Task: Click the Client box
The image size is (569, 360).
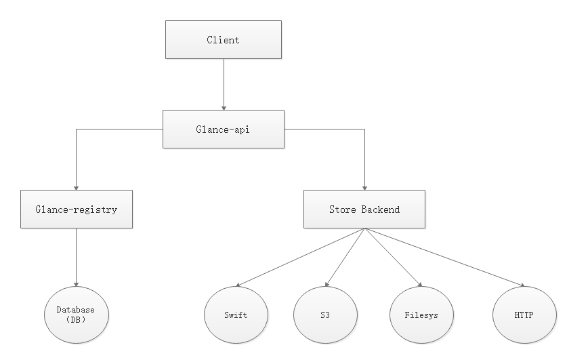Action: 223,40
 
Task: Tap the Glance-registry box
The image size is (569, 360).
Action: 76,209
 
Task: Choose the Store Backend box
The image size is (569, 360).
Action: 364,209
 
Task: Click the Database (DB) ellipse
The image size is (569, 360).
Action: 76,315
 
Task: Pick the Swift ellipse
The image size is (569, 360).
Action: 236,315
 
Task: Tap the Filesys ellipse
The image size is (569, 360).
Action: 422,315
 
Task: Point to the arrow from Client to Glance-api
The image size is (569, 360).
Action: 224,84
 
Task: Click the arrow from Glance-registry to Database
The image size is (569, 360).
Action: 76,258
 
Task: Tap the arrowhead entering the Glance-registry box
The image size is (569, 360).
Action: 76,186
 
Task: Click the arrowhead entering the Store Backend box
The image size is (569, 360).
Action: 365,186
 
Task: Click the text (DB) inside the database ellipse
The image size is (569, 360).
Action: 76,319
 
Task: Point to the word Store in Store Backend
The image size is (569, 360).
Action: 342,209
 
